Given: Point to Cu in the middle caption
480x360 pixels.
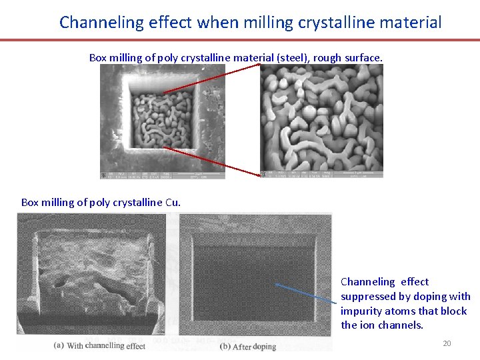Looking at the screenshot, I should click(172, 202).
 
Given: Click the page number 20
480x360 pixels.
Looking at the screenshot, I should click(447, 343).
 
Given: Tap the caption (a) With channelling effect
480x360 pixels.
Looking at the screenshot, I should click(99, 345).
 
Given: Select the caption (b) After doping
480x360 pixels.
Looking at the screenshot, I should click(248, 347).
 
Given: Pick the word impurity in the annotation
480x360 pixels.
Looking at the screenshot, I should click(361, 311).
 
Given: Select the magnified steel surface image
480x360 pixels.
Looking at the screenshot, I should click(321, 120).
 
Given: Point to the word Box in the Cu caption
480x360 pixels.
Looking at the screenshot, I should click(30, 202).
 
